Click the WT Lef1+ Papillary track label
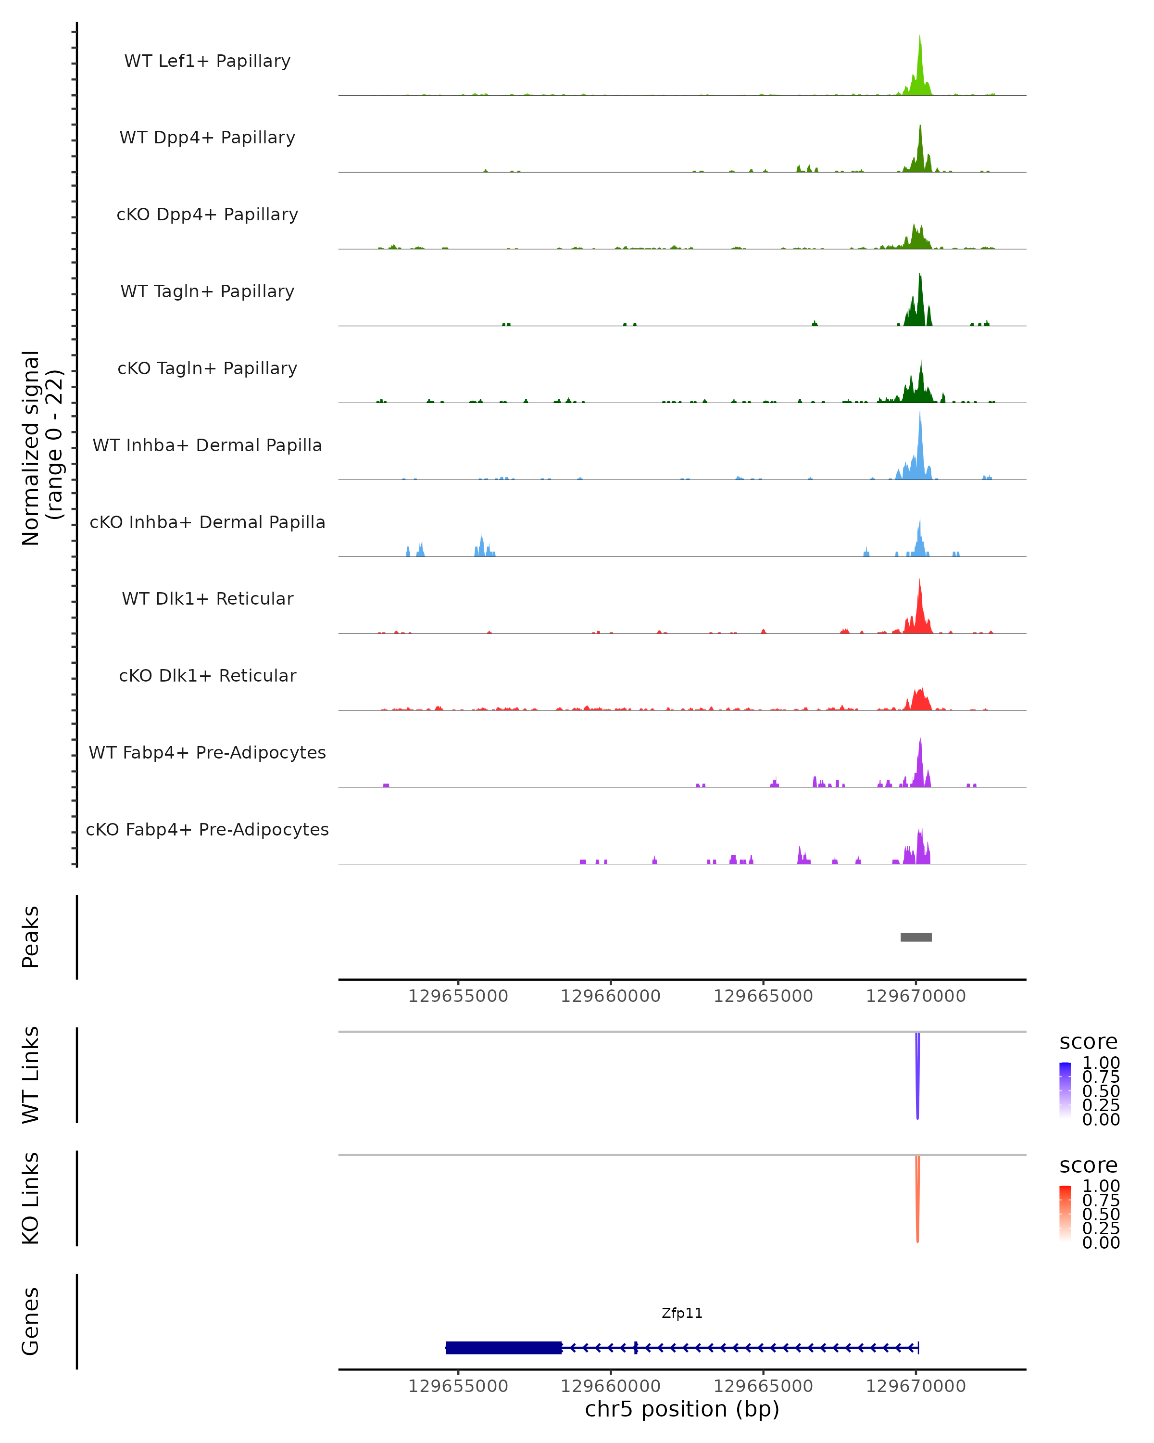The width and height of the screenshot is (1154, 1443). [207, 61]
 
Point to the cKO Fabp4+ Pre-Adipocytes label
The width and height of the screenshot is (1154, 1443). [207, 829]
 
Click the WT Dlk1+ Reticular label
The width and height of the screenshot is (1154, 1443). [207, 598]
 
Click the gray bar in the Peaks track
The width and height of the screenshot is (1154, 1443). [916, 937]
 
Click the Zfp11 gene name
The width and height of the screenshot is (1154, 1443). [682, 1313]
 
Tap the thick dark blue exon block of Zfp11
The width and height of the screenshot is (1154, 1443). [503, 1347]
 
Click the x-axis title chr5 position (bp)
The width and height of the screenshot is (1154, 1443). [682, 1409]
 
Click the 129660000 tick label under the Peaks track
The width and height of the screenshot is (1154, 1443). [610, 996]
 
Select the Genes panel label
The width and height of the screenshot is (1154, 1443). [31, 1321]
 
